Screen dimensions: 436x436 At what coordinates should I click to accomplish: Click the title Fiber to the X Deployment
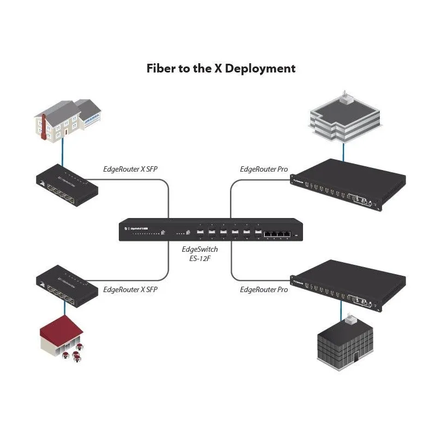(221, 69)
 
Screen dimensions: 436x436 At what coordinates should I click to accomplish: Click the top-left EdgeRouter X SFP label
(130, 169)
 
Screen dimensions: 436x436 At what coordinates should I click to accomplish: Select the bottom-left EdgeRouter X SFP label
(130, 290)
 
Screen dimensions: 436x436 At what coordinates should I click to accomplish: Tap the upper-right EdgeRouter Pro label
(264, 169)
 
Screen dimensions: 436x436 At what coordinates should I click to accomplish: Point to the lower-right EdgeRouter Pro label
(264, 290)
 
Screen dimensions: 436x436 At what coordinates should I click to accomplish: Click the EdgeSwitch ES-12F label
(199, 253)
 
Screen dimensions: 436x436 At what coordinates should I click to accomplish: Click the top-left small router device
(66, 187)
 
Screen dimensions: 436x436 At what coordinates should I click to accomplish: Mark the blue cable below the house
(63, 153)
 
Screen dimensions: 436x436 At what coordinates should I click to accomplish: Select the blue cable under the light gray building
(343, 149)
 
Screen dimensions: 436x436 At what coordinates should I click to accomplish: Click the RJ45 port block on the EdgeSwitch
(276, 234)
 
